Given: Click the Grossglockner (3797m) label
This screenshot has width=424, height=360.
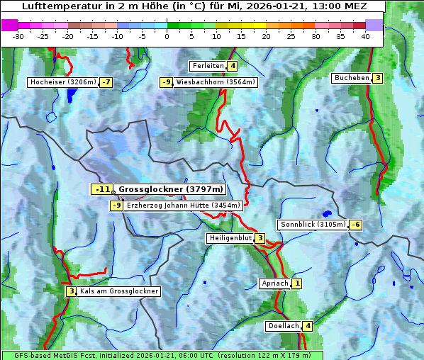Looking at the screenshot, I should (x=170, y=189).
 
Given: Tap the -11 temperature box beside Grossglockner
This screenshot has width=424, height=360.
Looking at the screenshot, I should (x=102, y=189).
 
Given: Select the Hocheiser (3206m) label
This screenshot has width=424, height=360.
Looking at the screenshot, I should (x=63, y=82).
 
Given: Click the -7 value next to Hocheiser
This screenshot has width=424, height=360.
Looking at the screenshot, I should (x=106, y=82).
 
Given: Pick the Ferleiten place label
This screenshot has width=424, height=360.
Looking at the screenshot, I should (x=208, y=66).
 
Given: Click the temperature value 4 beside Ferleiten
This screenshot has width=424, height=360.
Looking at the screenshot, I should (x=233, y=66).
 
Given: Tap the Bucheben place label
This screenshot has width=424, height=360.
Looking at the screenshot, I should (x=352, y=78).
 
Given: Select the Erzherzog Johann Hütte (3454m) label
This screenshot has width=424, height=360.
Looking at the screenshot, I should (x=184, y=206).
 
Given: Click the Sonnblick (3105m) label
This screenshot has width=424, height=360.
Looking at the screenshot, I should (x=313, y=225).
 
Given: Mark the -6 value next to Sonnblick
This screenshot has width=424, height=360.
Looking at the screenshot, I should (x=356, y=225).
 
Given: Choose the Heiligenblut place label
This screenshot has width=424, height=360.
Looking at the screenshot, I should (x=230, y=238).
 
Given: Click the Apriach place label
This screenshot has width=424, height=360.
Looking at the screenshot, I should (x=274, y=283).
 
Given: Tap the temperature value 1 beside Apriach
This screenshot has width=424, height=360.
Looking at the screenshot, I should (x=296, y=283).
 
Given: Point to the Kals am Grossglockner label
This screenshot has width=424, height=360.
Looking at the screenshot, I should (x=118, y=291).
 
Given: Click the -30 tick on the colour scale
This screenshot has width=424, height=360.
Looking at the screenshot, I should (x=18, y=35).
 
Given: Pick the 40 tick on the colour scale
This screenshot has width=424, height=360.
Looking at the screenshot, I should (x=364, y=35).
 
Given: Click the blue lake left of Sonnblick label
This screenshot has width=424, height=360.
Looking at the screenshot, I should (x=326, y=213).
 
